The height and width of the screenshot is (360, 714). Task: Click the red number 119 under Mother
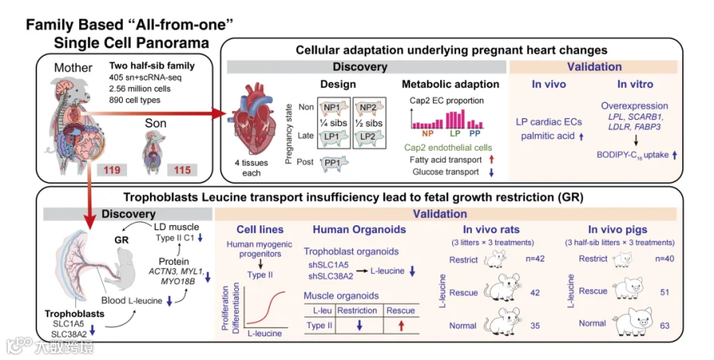(112, 170)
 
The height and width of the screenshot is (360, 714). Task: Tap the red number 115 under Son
(182, 170)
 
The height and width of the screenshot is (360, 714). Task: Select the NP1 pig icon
(333, 108)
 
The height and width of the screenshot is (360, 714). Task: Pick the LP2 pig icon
(370, 136)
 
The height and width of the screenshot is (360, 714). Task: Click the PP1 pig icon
(335, 163)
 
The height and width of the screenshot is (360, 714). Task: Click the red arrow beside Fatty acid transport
(490, 159)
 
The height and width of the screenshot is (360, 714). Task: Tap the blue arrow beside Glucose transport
(490, 172)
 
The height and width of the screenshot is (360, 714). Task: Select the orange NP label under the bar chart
(428, 134)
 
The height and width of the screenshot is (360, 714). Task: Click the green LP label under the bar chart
(455, 134)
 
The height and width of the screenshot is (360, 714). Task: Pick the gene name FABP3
(647, 127)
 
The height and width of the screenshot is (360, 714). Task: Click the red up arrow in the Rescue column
(401, 326)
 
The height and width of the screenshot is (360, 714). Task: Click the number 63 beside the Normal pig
(665, 326)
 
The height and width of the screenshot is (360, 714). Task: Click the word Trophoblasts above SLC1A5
(75, 313)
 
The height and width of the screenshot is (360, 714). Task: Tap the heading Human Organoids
(359, 229)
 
